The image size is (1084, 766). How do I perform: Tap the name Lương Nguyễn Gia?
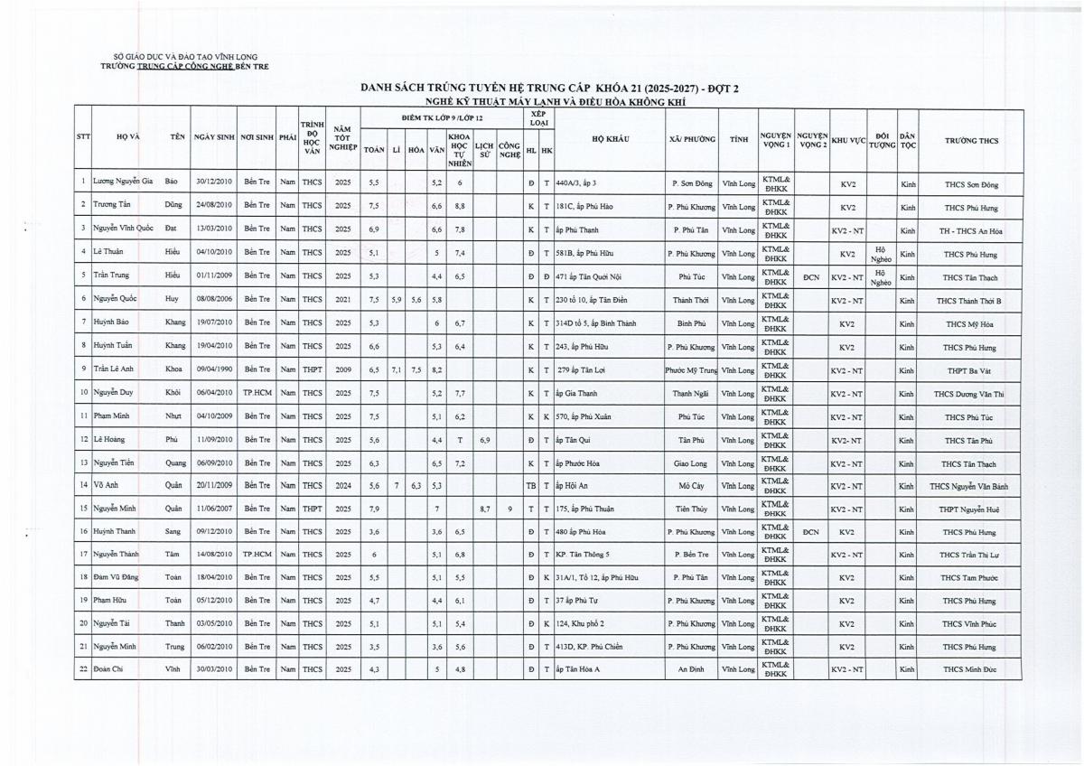click(x=123, y=182)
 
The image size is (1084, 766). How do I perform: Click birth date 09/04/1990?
click(x=213, y=369)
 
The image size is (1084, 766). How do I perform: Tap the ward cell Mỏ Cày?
click(x=689, y=485)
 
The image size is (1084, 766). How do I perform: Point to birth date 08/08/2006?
click(x=213, y=299)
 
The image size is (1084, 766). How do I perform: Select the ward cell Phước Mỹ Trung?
click(x=689, y=369)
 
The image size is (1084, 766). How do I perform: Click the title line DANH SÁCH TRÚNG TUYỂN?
click(x=549, y=89)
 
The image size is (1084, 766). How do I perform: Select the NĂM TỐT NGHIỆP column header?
click(x=341, y=140)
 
